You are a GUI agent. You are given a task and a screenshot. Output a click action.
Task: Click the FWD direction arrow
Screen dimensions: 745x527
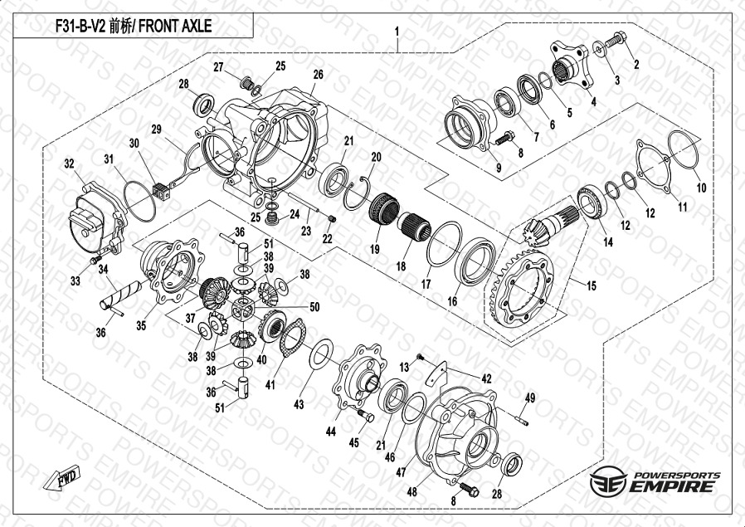(x=61, y=477)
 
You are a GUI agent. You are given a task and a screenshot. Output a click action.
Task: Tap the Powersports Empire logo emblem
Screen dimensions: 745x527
(x=608, y=481)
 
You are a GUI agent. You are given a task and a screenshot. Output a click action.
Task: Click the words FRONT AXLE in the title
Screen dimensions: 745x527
(x=175, y=26)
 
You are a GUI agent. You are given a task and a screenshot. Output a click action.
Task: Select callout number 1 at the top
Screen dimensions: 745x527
(x=397, y=32)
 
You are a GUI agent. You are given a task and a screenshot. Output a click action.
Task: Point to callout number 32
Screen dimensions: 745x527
(x=70, y=164)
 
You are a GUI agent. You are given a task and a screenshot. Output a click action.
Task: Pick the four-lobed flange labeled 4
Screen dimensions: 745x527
(x=572, y=64)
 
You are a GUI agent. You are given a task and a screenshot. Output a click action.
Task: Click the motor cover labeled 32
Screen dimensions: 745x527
(x=96, y=219)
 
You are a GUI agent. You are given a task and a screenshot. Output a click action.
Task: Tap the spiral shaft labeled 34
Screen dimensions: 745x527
(x=120, y=295)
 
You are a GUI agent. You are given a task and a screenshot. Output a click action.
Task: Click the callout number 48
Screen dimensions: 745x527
(x=411, y=492)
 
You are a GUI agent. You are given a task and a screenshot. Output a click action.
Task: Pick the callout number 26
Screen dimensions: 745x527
(x=318, y=75)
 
